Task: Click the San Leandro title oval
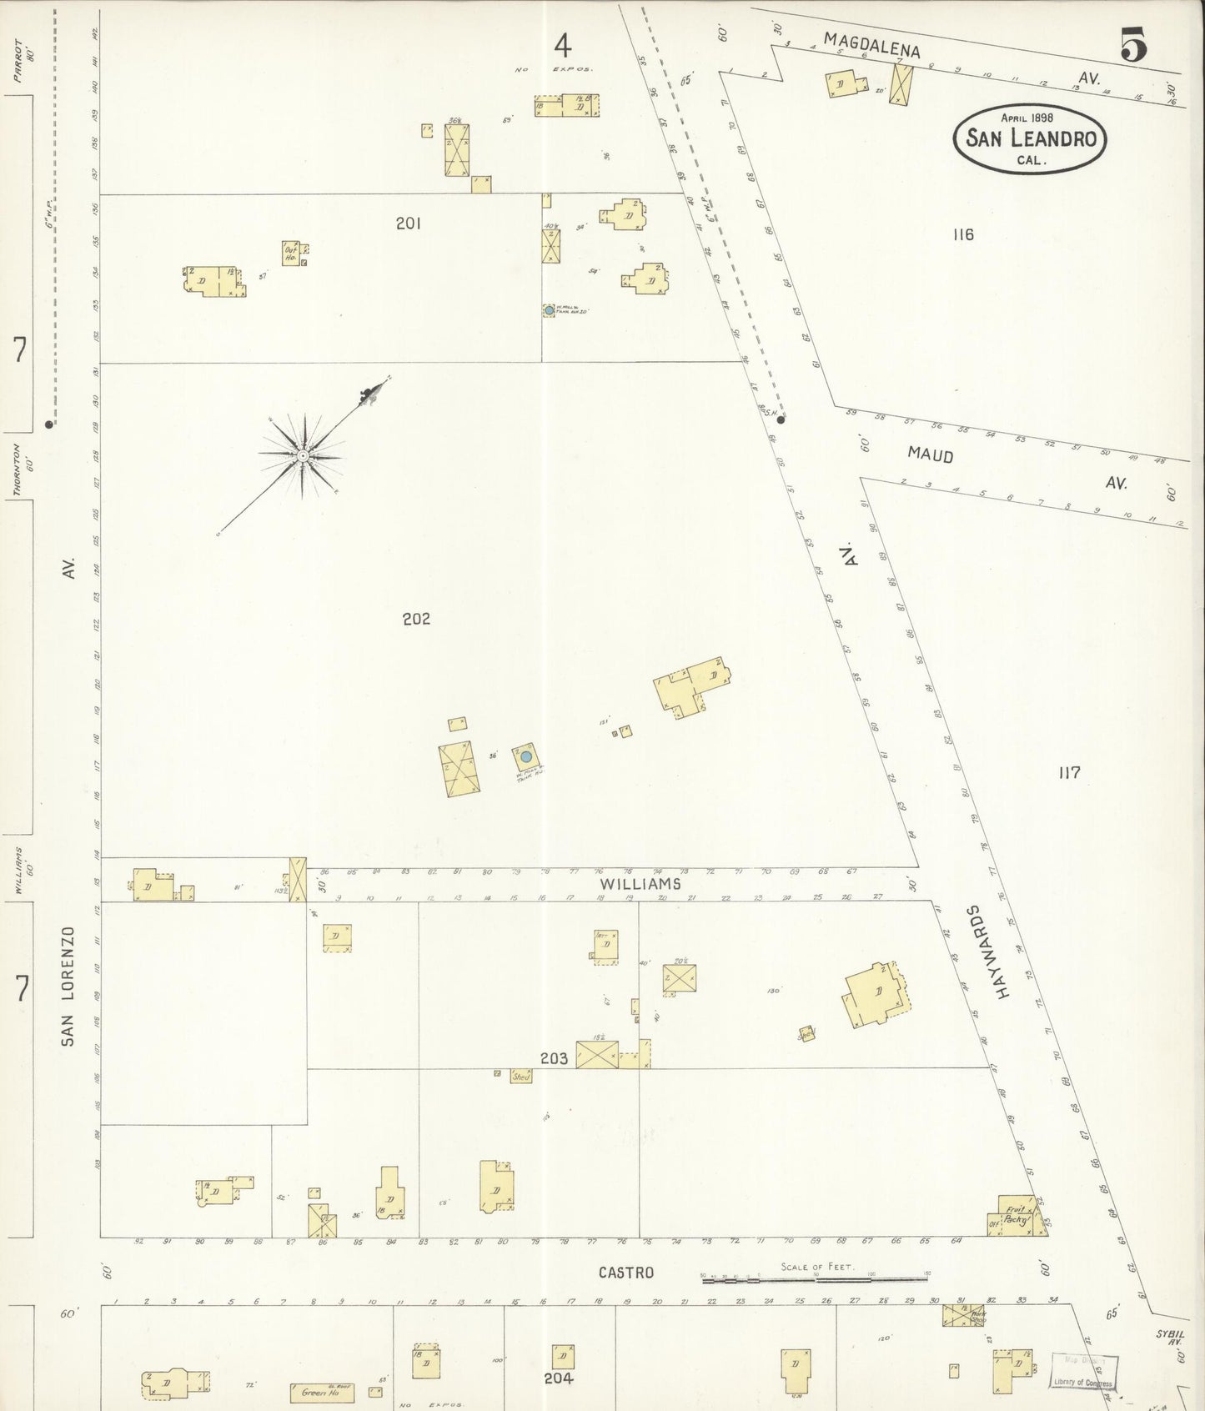1030,138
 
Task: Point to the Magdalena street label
871,44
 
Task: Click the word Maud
930,455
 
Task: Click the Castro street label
625,1273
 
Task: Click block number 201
409,223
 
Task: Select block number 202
415,619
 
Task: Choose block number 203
554,1059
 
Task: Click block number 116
963,235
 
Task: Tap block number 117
1069,773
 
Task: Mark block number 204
558,1378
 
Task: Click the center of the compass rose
303,456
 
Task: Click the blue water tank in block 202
526,757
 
